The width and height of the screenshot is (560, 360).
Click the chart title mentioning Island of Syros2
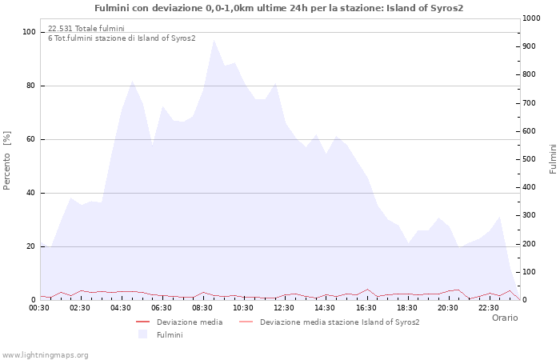[279, 8]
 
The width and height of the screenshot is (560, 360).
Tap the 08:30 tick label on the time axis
[202, 308]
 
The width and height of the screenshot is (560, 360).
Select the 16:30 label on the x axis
[366, 308]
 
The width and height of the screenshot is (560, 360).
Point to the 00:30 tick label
[39, 308]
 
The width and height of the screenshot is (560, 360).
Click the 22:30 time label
[489, 308]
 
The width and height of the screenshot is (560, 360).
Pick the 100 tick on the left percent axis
[29, 32]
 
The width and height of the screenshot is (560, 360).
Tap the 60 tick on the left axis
[30, 139]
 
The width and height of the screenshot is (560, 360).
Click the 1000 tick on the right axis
[531, 18]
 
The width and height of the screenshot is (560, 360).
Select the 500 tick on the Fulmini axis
[529, 159]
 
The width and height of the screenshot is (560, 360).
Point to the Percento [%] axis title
[6, 161]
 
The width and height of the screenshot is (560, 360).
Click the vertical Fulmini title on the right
[553, 159]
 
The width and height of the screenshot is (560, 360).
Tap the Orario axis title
[505, 318]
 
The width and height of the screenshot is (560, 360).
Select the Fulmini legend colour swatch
[143, 334]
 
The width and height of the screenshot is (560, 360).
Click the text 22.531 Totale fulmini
[86, 28]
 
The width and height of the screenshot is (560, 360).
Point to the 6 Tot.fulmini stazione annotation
[122, 38]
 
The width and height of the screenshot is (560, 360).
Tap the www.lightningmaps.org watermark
[45, 355]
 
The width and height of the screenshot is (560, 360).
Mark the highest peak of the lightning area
[214, 40]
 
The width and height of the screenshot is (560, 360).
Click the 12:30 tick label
[284, 308]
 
